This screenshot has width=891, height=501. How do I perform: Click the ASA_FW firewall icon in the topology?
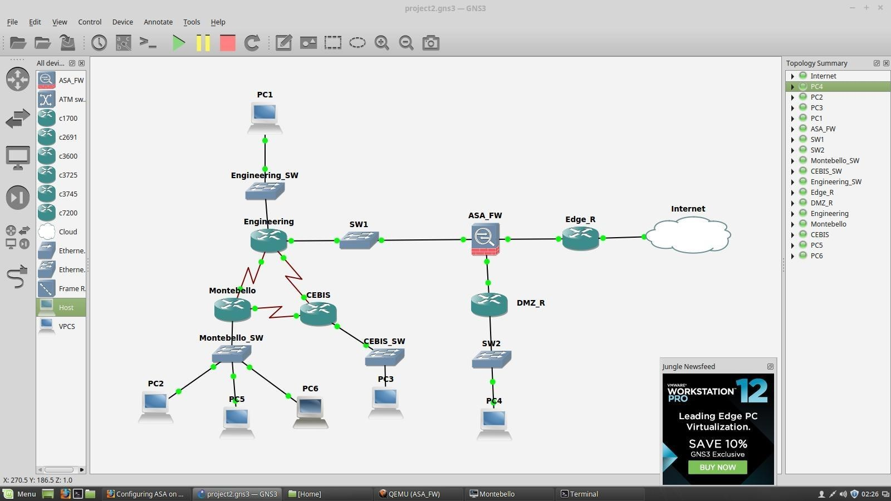point(485,239)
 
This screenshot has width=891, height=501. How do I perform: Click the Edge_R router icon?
point(580,238)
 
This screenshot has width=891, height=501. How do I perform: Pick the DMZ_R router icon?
point(489,304)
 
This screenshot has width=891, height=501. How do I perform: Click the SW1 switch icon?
point(359,240)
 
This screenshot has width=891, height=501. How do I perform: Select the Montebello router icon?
point(232,309)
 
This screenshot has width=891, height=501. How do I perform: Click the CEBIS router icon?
point(318,313)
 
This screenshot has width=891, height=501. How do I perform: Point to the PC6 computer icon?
point(310,411)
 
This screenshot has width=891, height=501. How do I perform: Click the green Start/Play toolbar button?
point(179,43)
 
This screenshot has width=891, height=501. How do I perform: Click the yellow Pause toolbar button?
point(203,43)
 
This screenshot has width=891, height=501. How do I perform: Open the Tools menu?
point(192,22)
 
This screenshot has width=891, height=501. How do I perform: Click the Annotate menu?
point(158,22)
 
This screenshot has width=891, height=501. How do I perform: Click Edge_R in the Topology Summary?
point(822,192)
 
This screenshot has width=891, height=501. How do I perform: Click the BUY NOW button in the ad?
point(717,467)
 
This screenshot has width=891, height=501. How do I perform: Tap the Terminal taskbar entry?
point(583,494)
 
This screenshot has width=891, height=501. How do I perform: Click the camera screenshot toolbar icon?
point(430,43)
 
